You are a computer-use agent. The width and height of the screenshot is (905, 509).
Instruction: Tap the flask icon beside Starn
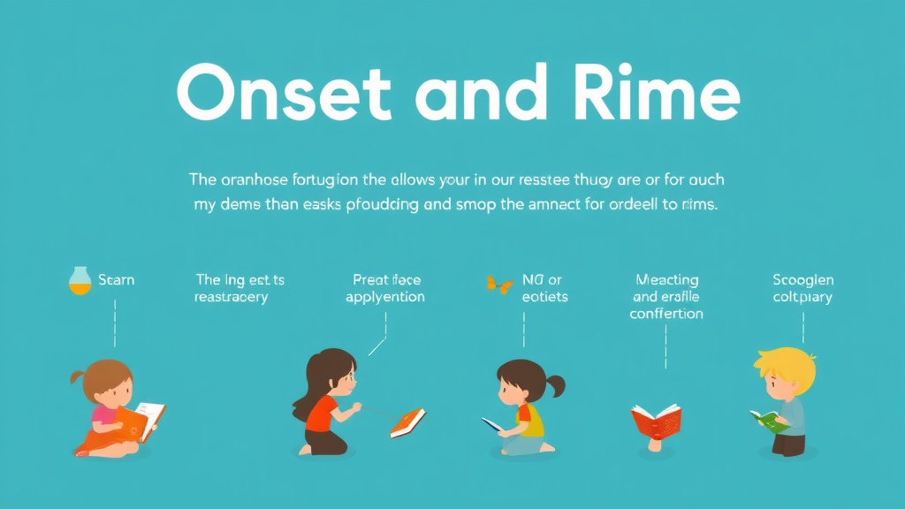point(80,281)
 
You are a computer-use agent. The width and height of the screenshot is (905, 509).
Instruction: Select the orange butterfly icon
point(499,284)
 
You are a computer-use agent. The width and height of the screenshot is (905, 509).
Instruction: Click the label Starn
point(116,280)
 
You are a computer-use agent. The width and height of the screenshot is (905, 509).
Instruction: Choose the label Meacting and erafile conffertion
point(665,297)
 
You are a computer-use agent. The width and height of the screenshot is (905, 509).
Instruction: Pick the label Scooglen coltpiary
point(802,288)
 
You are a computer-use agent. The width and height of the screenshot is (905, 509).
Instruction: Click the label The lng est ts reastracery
point(240,288)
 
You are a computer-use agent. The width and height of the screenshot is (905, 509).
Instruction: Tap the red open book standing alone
point(656,420)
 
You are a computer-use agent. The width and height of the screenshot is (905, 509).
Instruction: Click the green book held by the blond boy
point(768,420)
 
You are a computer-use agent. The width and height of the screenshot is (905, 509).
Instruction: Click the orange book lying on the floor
point(407,422)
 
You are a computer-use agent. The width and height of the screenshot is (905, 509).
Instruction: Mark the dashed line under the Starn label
point(115,322)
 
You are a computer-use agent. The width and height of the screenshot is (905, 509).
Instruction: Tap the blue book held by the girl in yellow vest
point(491,424)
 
